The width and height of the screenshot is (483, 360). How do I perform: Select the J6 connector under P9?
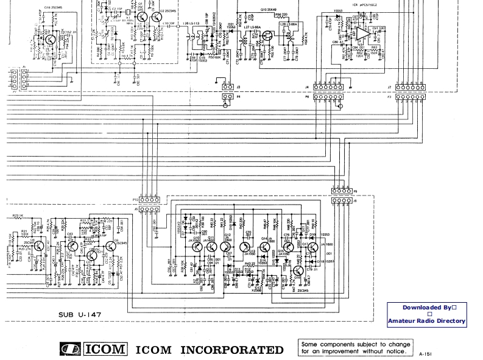340,200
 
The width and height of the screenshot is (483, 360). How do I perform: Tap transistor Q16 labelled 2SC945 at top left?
48,39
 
